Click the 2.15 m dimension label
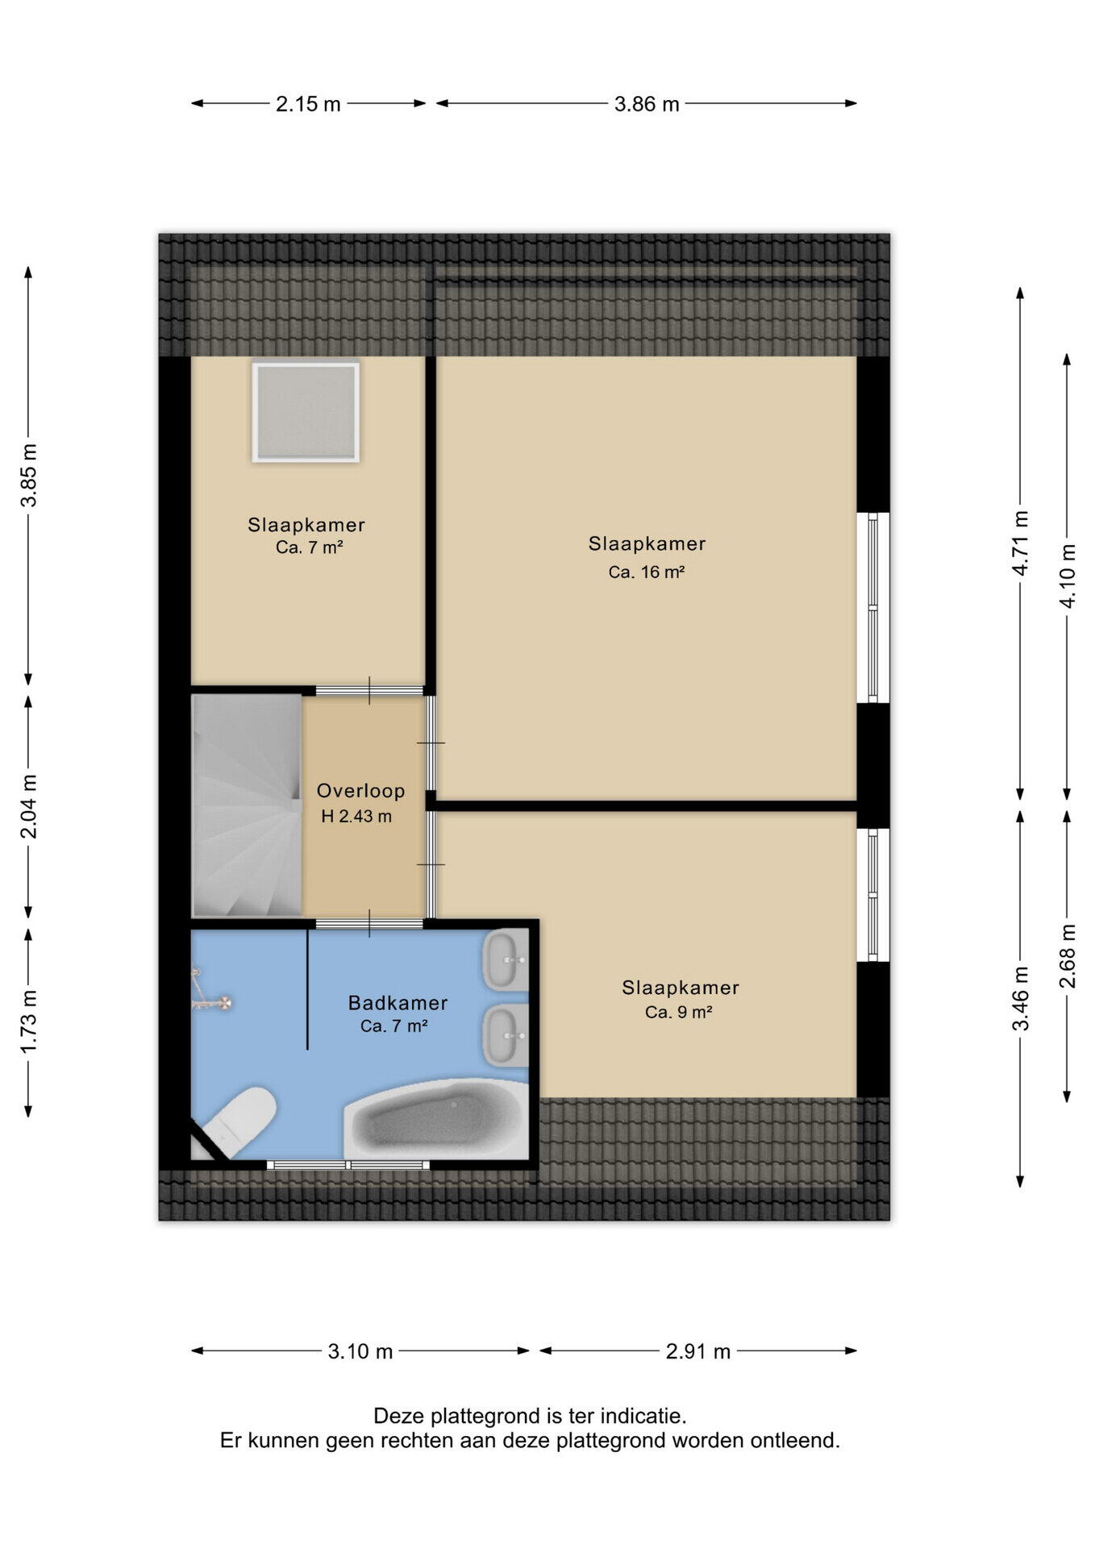pyautogui.click(x=308, y=104)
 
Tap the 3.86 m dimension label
pyautogui.click(x=647, y=104)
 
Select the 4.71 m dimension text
pyautogui.click(x=1021, y=543)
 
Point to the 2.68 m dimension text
pyautogui.click(x=1068, y=956)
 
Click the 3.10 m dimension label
pyautogui.click(x=360, y=1351)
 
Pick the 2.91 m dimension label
pyautogui.click(x=698, y=1351)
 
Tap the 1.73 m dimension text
pyautogui.click(x=29, y=1021)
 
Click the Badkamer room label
pyautogui.click(x=398, y=1003)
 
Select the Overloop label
pyautogui.click(x=360, y=791)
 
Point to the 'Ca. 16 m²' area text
pyautogui.click(x=647, y=572)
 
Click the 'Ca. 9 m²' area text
pyautogui.click(x=678, y=1013)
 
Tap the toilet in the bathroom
pyautogui.click(x=239, y=1121)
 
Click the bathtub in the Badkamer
pyautogui.click(x=436, y=1119)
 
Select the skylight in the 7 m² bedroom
pyautogui.click(x=306, y=412)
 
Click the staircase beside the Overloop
pyautogui.click(x=247, y=805)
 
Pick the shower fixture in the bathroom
pyautogui.click(x=210, y=996)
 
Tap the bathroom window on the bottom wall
pyautogui.click(x=348, y=1165)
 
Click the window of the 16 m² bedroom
pyautogui.click(x=873, y=608)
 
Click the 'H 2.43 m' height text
pyautogui.click(x=356, y=817)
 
